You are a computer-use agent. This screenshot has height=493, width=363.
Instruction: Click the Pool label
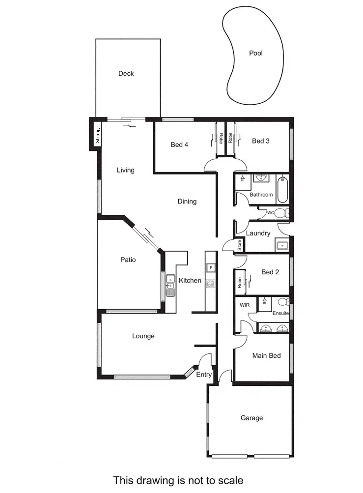point(255,53)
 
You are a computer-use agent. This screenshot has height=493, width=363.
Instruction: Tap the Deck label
point(126,74)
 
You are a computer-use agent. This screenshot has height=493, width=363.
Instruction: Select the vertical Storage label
point(98,134)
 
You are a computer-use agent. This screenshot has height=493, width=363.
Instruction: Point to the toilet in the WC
point(280,213)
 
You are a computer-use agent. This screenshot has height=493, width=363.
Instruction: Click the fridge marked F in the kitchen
point(211,267)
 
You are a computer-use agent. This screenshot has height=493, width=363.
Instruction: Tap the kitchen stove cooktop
point(211,284)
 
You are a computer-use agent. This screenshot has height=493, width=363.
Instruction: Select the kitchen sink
point(170,286)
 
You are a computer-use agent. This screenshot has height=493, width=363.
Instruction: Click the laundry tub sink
point(282,245)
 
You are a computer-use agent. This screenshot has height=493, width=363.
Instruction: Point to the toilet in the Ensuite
point(283,301)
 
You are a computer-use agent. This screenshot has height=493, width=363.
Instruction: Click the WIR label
point(245,305)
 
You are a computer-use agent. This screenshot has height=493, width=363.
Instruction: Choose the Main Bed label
point(266,355)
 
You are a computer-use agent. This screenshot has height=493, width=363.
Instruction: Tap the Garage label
point(251,418)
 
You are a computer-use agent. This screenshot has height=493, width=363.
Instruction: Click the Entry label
point(204,375)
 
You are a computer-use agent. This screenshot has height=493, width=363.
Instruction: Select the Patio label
point(128,260)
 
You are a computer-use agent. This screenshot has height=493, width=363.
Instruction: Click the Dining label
point(187,201)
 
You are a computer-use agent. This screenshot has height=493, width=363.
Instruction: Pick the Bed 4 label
point(179,145)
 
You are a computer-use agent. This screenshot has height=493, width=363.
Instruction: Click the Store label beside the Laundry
point(240,245)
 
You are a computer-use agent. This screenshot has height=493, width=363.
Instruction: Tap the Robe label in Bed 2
point(240,282)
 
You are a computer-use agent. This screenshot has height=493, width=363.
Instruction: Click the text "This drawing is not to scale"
point(178,480)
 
